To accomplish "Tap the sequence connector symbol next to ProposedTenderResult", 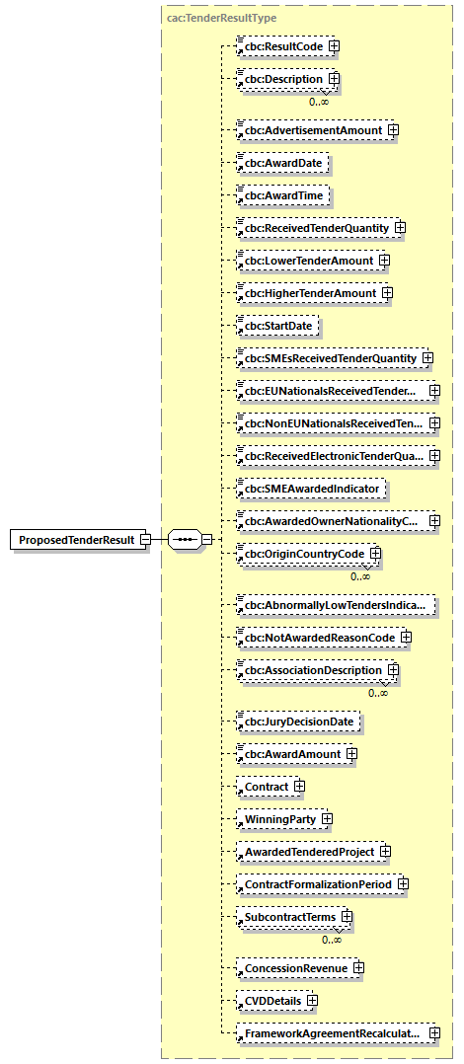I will [x=185, y=541].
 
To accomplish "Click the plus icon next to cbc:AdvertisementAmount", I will [x=392, y=129].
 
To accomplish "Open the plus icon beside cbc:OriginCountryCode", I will [x=375, y=554].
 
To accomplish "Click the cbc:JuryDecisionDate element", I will [x=299, y=722].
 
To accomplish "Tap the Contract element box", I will [x=267, y=787].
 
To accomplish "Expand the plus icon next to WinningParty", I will [x=326, y=819].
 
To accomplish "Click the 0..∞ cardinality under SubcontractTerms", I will [x=332, y=939].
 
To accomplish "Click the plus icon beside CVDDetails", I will [x=312, y=1001].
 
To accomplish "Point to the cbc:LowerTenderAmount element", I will [x=309, y=261].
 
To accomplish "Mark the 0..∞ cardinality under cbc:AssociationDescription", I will [x=378, y=693].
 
